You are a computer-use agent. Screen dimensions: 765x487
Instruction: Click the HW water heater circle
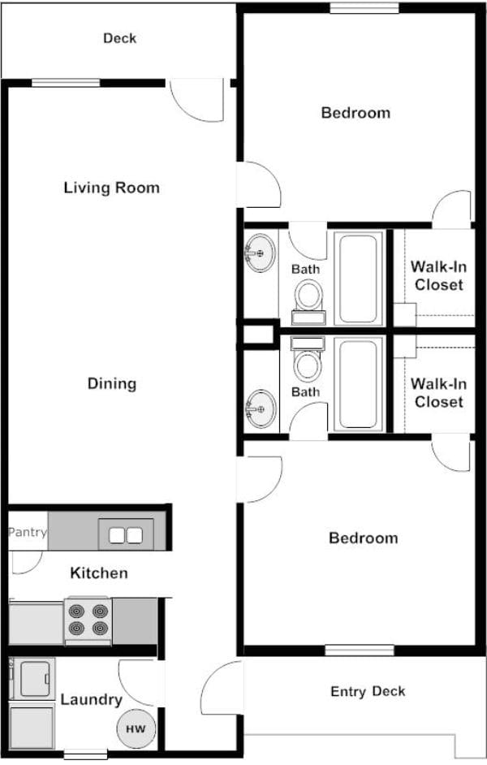point(136,728)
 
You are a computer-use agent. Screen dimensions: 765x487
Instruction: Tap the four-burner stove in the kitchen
point(88,620)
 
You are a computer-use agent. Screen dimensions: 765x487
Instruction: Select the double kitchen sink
point(125,534)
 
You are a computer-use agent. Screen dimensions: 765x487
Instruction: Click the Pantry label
point(28,533)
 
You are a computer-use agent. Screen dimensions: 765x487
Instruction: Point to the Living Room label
point(111,188)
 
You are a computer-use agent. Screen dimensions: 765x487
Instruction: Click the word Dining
point(111,383)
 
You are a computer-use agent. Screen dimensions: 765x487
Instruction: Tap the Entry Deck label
point(367,692)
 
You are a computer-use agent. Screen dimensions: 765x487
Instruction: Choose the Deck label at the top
point(119,38)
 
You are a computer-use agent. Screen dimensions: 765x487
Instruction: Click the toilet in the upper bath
point(308,296)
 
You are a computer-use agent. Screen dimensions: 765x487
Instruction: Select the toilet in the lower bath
point(308,364)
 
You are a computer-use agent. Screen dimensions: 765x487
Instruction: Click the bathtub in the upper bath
point(358,278)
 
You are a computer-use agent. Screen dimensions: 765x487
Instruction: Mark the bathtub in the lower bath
point(358,383)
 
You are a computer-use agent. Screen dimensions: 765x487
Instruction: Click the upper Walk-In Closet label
point(437,275)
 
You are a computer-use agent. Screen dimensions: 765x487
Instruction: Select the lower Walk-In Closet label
point(437,393)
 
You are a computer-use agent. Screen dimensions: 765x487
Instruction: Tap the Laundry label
point(91,699)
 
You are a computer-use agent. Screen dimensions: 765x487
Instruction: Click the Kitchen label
point(99,573)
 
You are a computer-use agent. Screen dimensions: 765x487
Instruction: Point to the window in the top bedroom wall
point(364,9)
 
